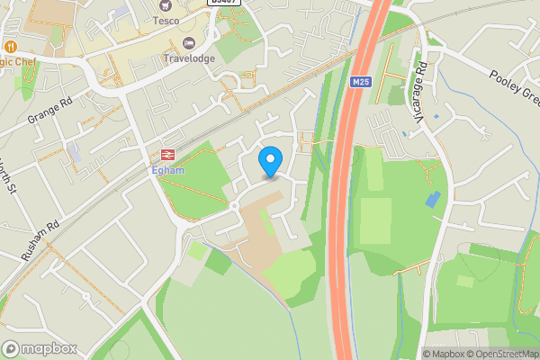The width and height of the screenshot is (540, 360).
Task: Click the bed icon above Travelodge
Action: [188, 43]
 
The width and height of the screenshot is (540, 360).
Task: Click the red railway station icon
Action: [166, 154]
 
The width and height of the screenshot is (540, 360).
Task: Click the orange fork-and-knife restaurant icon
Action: [10, 46]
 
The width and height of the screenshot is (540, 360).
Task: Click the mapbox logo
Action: [40, 348]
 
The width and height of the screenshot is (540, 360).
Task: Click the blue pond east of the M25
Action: [434, 199]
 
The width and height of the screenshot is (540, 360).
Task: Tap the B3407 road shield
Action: [223, 3]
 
